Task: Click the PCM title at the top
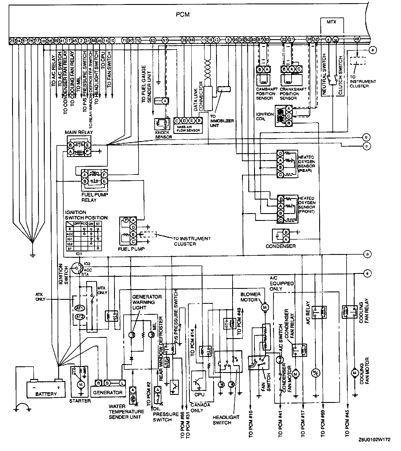tap(183, 14)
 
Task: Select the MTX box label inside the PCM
tap(332, 22)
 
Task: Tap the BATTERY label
tap(46, 394)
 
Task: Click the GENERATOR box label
tap(107, 392)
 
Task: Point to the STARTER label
tap(80, 401)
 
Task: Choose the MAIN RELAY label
tap(79, 132)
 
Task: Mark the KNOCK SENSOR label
tap(163, 135)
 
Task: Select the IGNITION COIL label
tap(265, 116)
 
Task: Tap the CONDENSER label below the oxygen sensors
tap(280, 246)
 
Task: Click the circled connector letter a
tap(372, 50)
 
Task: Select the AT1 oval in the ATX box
tap(80, 308)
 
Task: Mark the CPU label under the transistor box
tap(199, 394)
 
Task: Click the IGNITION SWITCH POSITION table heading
tap(86, 215)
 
